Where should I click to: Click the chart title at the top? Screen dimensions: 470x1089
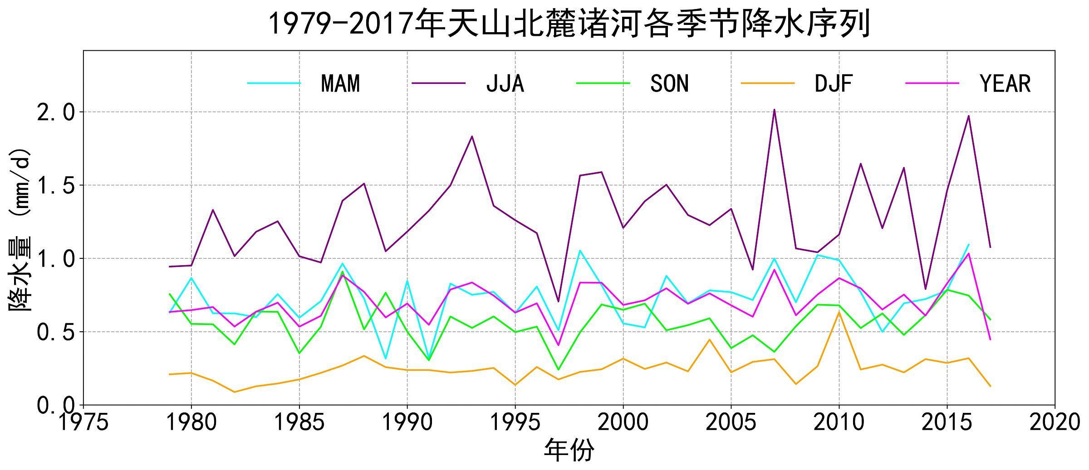coord(569,24)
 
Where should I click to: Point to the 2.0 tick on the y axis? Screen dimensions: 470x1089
coord(55,112)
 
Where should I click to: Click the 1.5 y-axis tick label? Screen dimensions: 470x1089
coord(55,186)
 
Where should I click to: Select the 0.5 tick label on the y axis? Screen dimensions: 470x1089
coord(55,332)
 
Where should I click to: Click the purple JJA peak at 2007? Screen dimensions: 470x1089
coord(774,110)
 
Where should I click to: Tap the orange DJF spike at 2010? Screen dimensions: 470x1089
coord(839,312)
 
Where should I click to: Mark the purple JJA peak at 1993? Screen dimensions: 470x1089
coord(472,136)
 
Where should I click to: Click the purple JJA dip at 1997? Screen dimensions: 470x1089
coord(558,301)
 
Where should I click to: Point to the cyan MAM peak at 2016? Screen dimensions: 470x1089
coord(968,245)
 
